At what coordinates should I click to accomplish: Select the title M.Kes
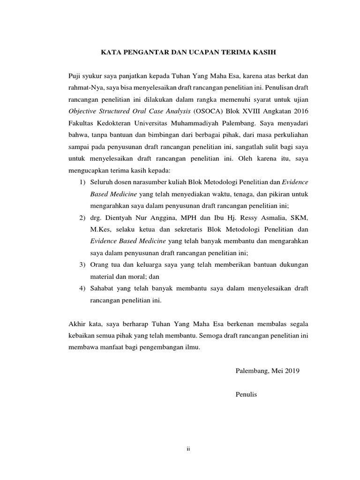click(x=100, y=229)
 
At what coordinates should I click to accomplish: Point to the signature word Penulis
click(x=247, y=395)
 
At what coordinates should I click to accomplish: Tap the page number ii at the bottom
click(x=187, y=449)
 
